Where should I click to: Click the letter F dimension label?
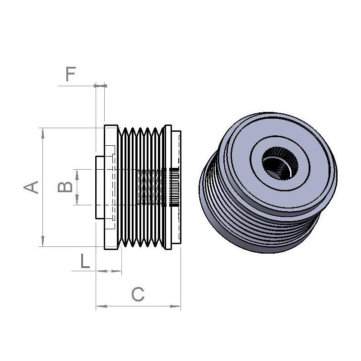click(x=70, y=74)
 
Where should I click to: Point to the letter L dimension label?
click(x=85, y=261)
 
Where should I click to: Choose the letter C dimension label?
click(x=138, y=295)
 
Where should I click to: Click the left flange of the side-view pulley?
click(x=110, y=187)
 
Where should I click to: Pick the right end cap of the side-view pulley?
click(x=176, y=187)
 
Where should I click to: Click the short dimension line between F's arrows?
click(x=100, y=85)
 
